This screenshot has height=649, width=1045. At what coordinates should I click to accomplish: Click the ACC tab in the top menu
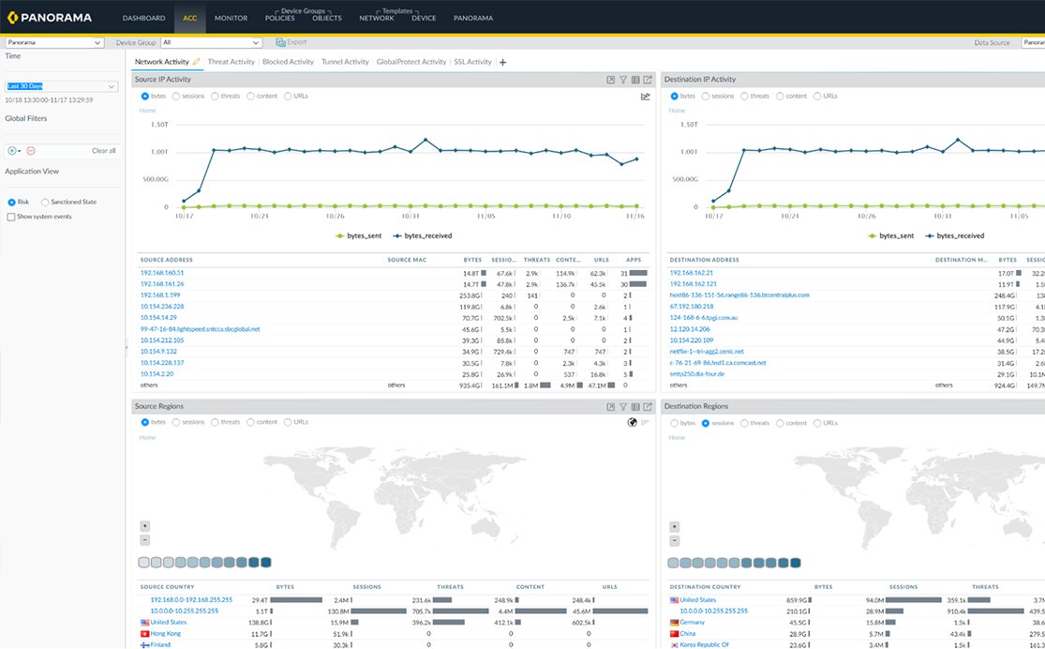[x=190, y=18]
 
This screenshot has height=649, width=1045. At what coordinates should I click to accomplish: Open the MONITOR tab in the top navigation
[x=231, y=18]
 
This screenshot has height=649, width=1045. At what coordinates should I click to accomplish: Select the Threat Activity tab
[x=231, y=62]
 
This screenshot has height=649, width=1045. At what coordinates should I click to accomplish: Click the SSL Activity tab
[x=472, y=62]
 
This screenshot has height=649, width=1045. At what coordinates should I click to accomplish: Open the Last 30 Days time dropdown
[x=61, y=86]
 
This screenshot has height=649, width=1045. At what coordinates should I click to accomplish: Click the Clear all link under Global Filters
[x=104, y=150]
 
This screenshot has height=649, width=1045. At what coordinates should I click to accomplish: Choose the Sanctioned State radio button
[x=45, y=202]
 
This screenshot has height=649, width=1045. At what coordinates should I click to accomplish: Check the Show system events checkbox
[x=11, y=217]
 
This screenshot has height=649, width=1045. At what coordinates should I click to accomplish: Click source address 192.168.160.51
[x=162, y=272]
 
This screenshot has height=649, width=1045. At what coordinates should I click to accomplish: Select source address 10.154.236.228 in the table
[x=162, y=306]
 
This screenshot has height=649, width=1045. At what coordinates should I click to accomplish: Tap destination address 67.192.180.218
[x=692, y=306]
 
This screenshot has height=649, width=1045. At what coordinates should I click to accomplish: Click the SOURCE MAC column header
[x=407, y=260]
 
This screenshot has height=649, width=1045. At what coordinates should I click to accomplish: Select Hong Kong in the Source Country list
[x=165, y=633]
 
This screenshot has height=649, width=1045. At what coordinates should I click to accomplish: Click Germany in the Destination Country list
[x=693, y=622]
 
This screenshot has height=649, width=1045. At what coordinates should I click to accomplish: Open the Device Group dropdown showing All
[x=211, y=42]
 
